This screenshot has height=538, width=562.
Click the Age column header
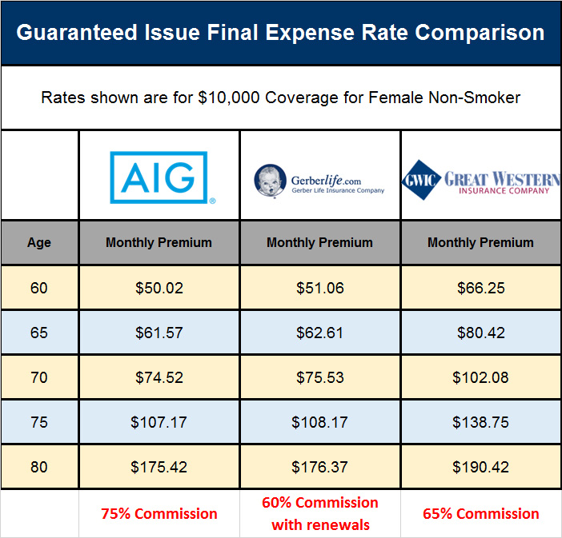(39, 242)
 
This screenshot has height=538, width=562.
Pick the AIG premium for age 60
(159, 288)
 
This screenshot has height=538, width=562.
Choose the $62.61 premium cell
(319, 333)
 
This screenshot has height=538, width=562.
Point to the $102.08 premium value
(480, 377)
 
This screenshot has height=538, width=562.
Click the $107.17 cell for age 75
(159, 422)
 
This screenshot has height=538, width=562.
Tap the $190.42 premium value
(480, 467)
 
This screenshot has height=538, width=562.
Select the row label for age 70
(39, 377)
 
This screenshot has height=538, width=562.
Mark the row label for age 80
(39, 467)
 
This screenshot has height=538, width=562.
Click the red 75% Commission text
(159, 514)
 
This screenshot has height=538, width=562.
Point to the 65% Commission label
(480, 514)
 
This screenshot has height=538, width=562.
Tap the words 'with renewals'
(319, 525)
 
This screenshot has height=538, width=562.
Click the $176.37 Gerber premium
(319, 467)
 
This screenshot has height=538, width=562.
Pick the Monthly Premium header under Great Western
(480, 242)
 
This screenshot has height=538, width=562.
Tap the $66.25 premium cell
(480, 288)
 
